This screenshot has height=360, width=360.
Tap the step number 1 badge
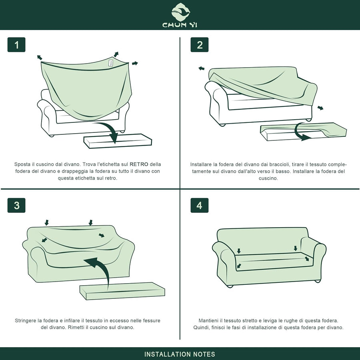click(16, 44)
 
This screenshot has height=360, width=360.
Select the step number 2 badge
click(200, 44)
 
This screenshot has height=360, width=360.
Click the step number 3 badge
click(16, 205)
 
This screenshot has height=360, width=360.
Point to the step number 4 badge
click(200, 205)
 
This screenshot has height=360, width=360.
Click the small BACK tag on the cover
click(111, 63)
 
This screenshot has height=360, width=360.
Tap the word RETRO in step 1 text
click(139, 164)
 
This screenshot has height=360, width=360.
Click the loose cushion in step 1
click(118, 141)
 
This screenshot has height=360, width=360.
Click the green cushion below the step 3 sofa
click(122, 291)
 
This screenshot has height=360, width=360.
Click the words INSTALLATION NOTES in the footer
click(180, 354)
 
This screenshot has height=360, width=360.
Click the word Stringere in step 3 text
click(25, 320)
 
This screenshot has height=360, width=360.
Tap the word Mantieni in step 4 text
click(208, 320)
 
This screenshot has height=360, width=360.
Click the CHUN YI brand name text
click(180, 25)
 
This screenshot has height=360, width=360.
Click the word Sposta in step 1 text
click(22, 164)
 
